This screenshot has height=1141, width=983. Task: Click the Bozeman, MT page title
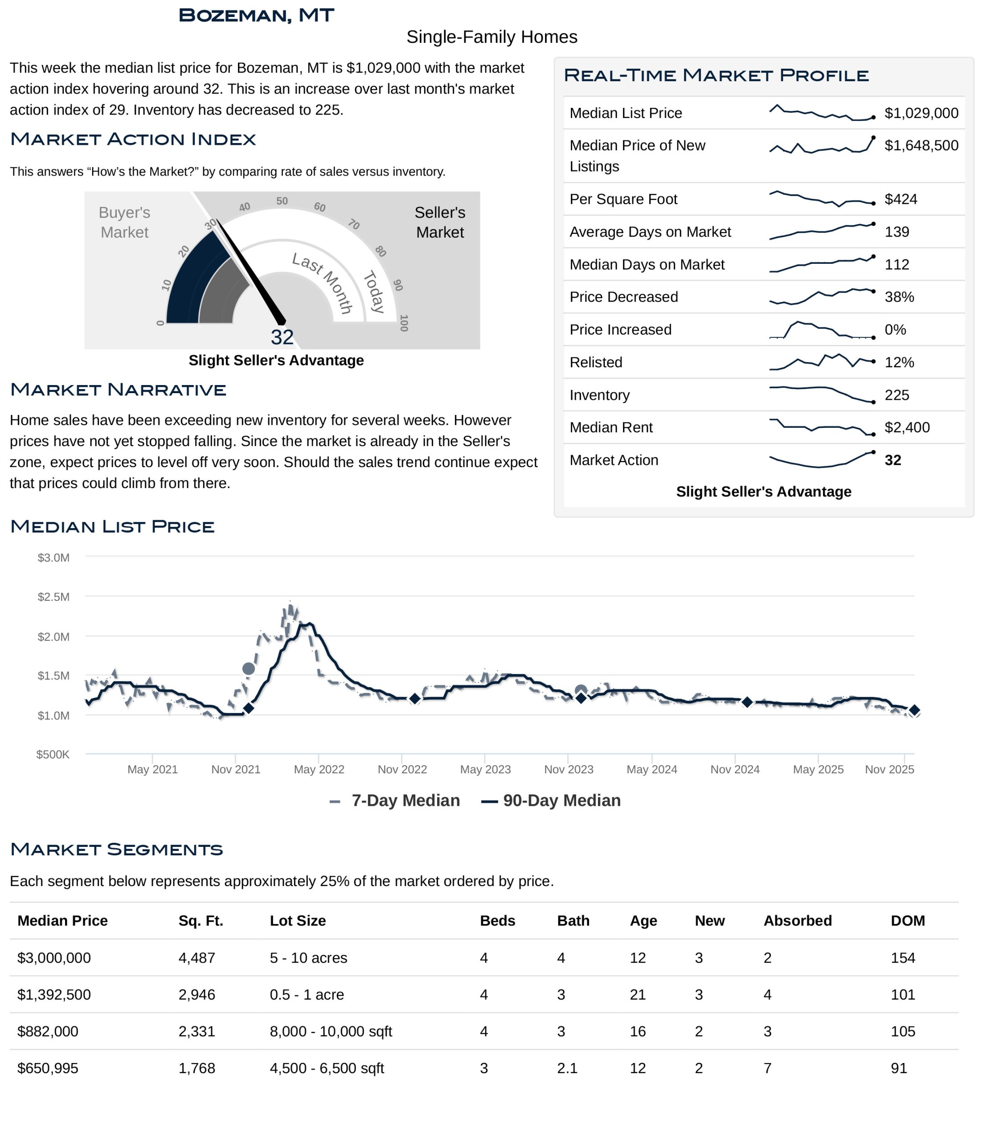point(256,16)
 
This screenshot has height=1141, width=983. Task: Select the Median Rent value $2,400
point(906,427)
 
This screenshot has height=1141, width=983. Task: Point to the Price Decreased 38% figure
point(899,297)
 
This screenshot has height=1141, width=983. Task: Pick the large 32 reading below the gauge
point(282,337)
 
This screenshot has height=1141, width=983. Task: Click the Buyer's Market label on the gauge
point(124,222)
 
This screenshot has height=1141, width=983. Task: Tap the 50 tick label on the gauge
point(282,201)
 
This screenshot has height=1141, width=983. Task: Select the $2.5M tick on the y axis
point(53,597)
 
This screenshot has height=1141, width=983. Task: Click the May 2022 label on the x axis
point(319,769)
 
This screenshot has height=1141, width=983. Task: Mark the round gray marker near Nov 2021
point(248,669)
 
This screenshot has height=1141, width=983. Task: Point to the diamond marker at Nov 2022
point(415,699)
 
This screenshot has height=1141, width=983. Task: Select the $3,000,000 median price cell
point(54,958)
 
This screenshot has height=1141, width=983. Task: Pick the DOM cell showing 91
point(899,1068)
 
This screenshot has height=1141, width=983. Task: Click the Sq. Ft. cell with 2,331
point(197,1031)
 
